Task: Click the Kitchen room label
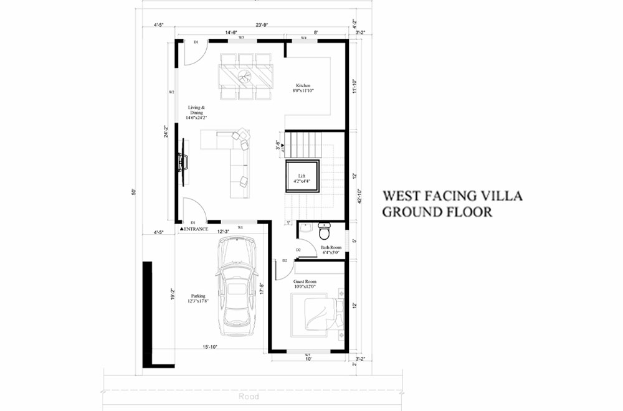(303, 88)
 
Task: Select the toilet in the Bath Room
(324, 233)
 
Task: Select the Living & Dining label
(197, 112)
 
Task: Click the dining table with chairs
(245, 76)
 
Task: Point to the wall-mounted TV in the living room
(184, 161)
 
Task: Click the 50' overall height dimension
(133, 192)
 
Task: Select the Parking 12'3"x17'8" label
(198, 298)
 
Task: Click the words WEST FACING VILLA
(452, 196)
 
